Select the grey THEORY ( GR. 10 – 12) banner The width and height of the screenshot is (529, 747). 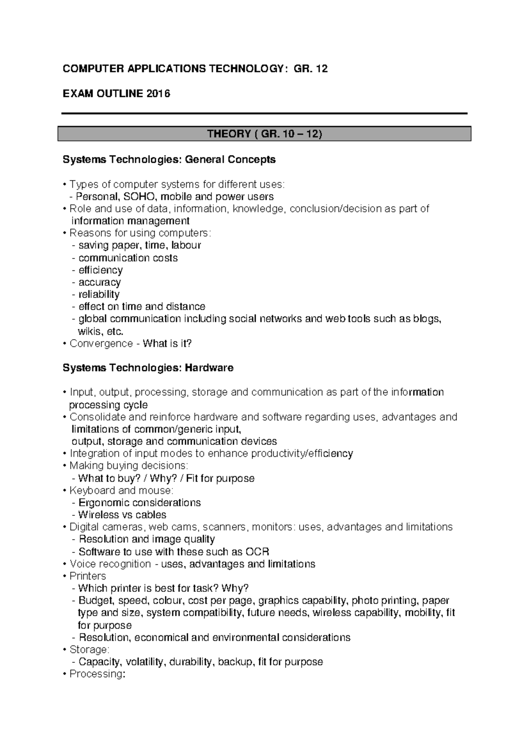pos(264,134)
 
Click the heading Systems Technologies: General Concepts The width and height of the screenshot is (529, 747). pos(169,159)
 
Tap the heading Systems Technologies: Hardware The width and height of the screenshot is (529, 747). pos(148,368)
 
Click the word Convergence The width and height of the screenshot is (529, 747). pos(101,344)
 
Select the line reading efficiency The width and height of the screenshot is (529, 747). pos(101,270)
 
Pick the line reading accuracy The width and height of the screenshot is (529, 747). pos(100,282)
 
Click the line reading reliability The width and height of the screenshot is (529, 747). pos(99,294)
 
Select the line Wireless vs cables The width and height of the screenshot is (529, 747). pos(122,515)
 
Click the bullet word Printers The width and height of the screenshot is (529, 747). pos(88,576)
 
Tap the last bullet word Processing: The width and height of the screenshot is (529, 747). pos(97,674)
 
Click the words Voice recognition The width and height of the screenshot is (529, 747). pos(110,564)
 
